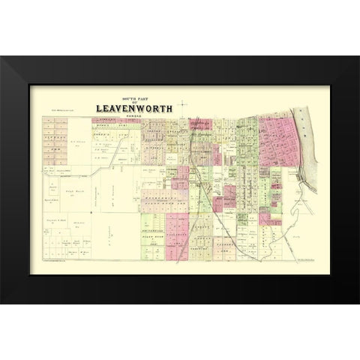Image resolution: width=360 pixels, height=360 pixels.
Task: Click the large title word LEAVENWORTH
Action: [x=133, y=107]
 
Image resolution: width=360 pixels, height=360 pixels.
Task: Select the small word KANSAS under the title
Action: [x=133, y=115]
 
